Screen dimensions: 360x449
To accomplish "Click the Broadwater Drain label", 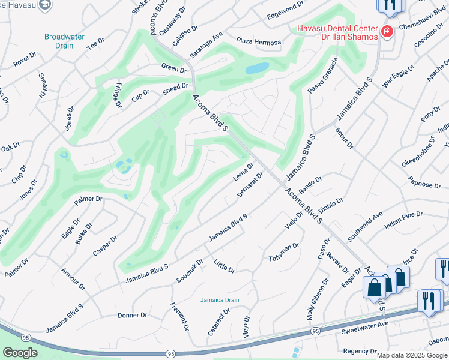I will (60, 41).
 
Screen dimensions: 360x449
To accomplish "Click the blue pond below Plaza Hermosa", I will (256, 68).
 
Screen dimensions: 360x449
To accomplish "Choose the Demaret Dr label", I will (250, 185).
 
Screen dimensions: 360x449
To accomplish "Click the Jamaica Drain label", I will (220, 300).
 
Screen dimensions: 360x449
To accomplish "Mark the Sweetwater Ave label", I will (365, 323).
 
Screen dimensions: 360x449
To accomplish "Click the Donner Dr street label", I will (132, 315).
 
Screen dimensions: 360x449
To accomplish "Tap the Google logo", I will (20, 353).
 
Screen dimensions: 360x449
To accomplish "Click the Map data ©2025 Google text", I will (412, 355).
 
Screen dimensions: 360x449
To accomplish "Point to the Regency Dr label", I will (359, 351).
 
